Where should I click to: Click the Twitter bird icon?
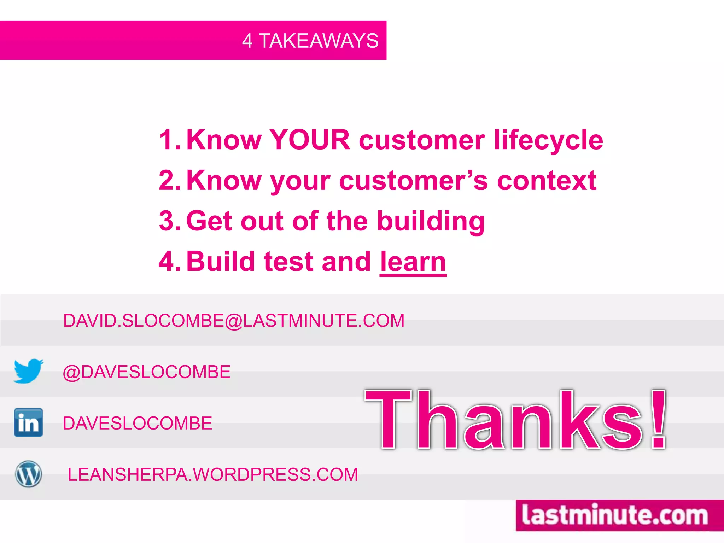28,371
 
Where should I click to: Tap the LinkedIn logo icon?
28,422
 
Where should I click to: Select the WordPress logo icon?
28,474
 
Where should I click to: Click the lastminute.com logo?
615,515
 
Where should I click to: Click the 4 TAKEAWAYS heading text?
310,41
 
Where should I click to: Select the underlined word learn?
413,262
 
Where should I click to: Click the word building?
431,221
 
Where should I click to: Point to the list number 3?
169,221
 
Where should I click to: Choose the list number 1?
169,140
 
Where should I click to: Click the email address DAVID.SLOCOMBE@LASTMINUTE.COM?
234,321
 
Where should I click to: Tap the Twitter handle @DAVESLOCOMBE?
147,372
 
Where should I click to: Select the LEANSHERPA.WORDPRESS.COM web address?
213,474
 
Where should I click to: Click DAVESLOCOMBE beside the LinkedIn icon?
138,423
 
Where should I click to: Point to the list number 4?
169,262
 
